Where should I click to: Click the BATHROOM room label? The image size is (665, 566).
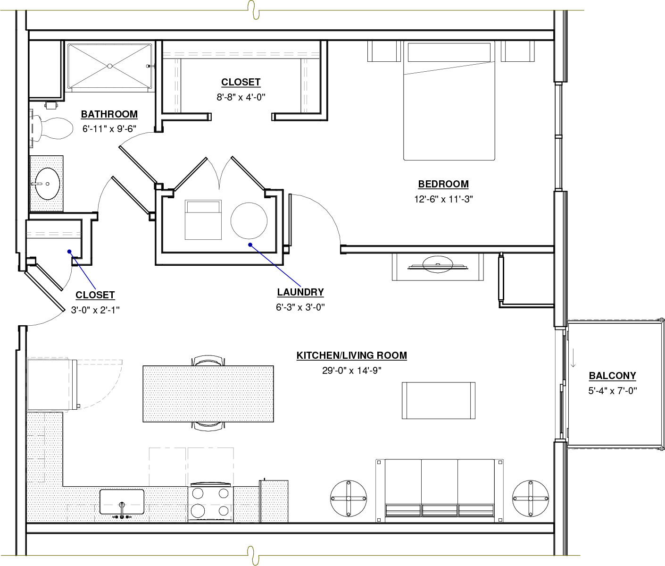pyautogui.click(x=109, y=114)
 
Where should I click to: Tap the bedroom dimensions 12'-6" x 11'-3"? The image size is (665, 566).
pyautogui.click(x=443, y=199)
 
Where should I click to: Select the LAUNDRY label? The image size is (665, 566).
pyautogui.click(x=300, y=292)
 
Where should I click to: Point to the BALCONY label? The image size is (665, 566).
pyautogui.click(x=613, y=376)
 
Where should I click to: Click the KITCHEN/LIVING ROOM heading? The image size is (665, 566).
pyautogui.click(x=352, y=355)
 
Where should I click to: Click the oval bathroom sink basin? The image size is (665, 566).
pyautogui.click(x=47, y=184)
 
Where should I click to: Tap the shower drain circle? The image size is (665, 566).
pyautogui.click(x=110, y=66)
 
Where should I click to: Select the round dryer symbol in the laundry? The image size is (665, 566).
pyautogui.click(x=249, y=221)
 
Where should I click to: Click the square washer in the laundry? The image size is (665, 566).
pyautogui.click(x=203, y=220)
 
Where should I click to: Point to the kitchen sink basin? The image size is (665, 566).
pyautogui.click(x=122, y=502)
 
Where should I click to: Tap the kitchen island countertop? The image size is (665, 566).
pyautogui.click(x=208, y=394)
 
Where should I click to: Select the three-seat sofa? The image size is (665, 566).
pyautogui.click(x=440, y=490)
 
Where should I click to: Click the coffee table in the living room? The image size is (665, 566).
pyautogui.click(x=439, y=400)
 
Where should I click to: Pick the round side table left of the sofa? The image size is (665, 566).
pyautogui.click(x=349, y=498)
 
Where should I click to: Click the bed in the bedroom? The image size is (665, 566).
pyautogui.click(x=449, y=101)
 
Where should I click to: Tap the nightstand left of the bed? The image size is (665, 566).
pyautogui.click(x=382, y=51)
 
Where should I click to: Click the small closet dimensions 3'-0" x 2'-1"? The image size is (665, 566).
pyautogui.click(x=95, y=310)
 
